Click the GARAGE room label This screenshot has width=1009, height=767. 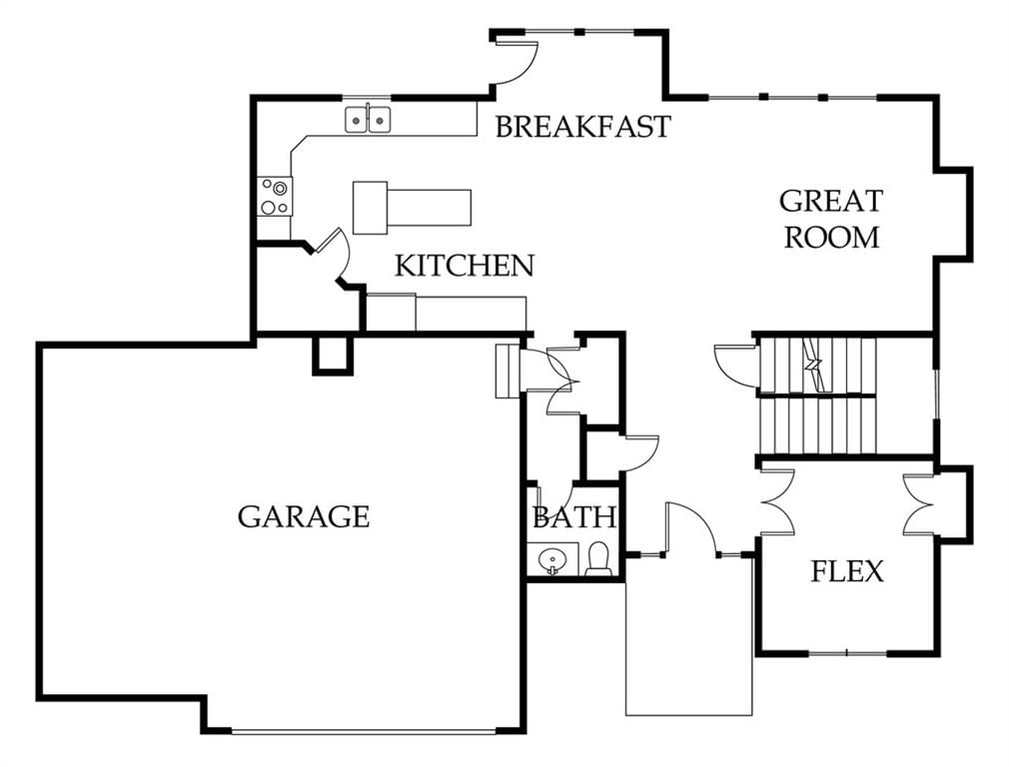coord(304,516)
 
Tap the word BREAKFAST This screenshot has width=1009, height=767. coord(583,126)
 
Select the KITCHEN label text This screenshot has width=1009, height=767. coord(464,266)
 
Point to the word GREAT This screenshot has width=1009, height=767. coord(830,201)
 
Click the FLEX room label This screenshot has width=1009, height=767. coord(847,571)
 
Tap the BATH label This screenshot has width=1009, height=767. coord(574,517)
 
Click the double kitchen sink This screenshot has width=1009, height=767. coord(368,119)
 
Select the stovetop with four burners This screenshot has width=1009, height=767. coord(275,197)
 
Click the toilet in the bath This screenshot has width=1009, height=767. coord(598,559)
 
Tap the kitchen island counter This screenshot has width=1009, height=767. coord(412,208)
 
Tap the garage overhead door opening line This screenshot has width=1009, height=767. coord(364,731)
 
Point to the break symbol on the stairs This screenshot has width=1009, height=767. coord(813,365)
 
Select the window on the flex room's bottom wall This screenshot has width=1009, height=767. coord(847,653)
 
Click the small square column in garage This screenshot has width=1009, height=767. coord(334,355)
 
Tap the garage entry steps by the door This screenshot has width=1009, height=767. coord(507,371)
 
